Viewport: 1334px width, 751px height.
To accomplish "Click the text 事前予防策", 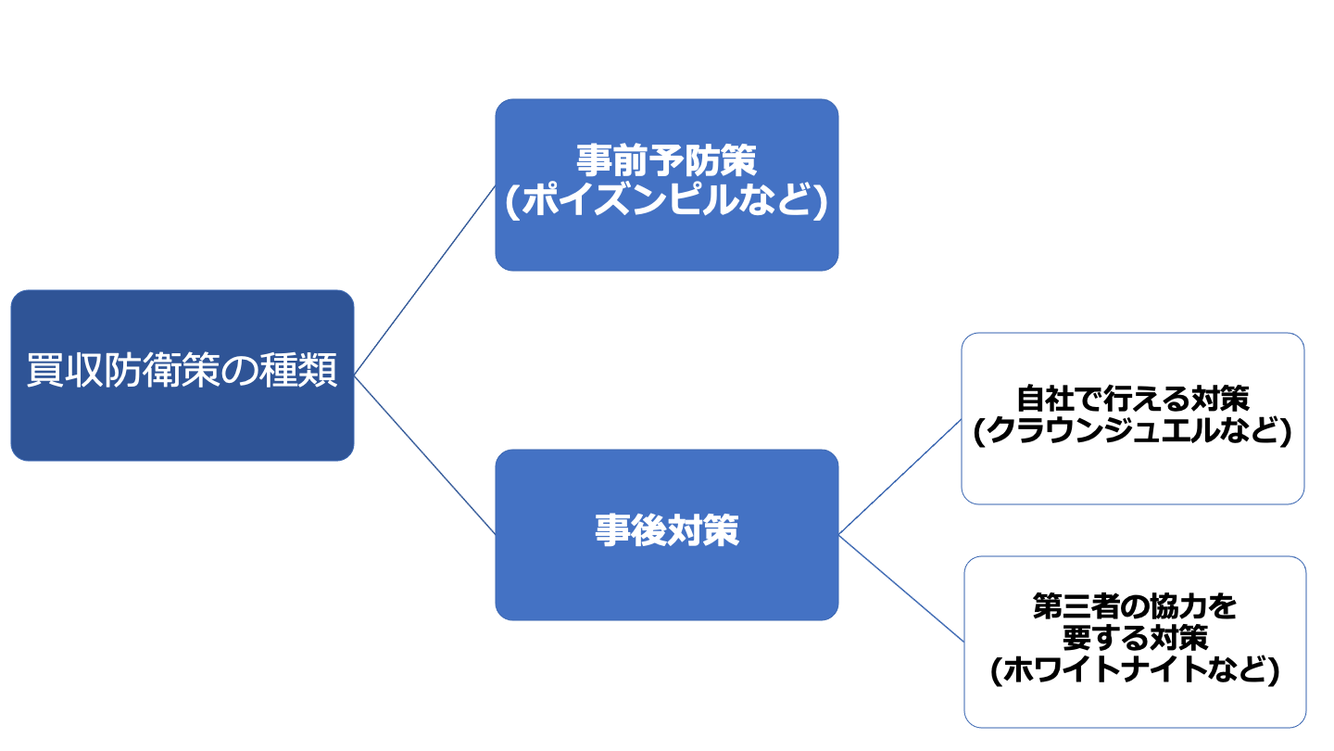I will click(x=666, y=160).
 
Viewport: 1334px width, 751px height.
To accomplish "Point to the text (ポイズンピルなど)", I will click(x=666, y=201).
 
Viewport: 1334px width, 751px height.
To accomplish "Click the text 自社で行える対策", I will click(x=1133, y=399).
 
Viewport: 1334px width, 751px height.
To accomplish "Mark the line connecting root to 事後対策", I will click(x=424, y=455).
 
